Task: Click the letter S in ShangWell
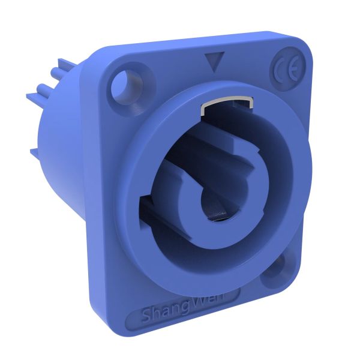pos(146,315)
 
